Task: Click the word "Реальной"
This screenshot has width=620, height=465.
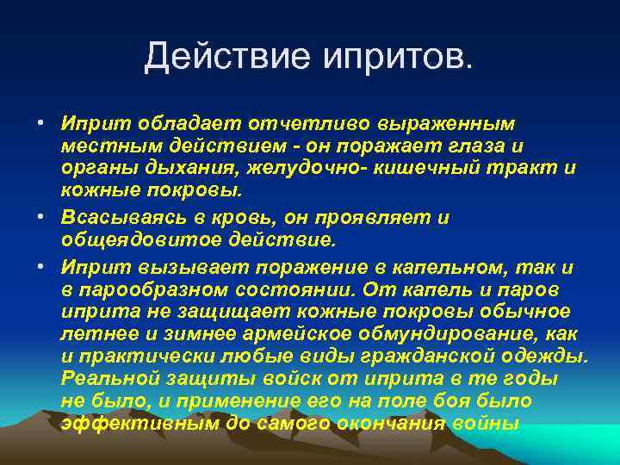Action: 108,379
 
